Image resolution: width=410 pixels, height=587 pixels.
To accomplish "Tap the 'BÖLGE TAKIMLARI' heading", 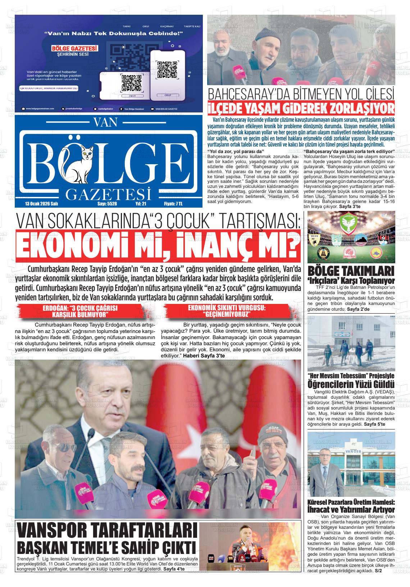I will [351, 271].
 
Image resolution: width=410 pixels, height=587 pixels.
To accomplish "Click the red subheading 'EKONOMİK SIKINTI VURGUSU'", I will [226, 308].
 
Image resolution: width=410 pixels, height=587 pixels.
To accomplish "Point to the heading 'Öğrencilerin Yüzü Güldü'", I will [351, 385].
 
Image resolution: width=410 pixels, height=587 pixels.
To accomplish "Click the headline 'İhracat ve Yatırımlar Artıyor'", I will [351, 510].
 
